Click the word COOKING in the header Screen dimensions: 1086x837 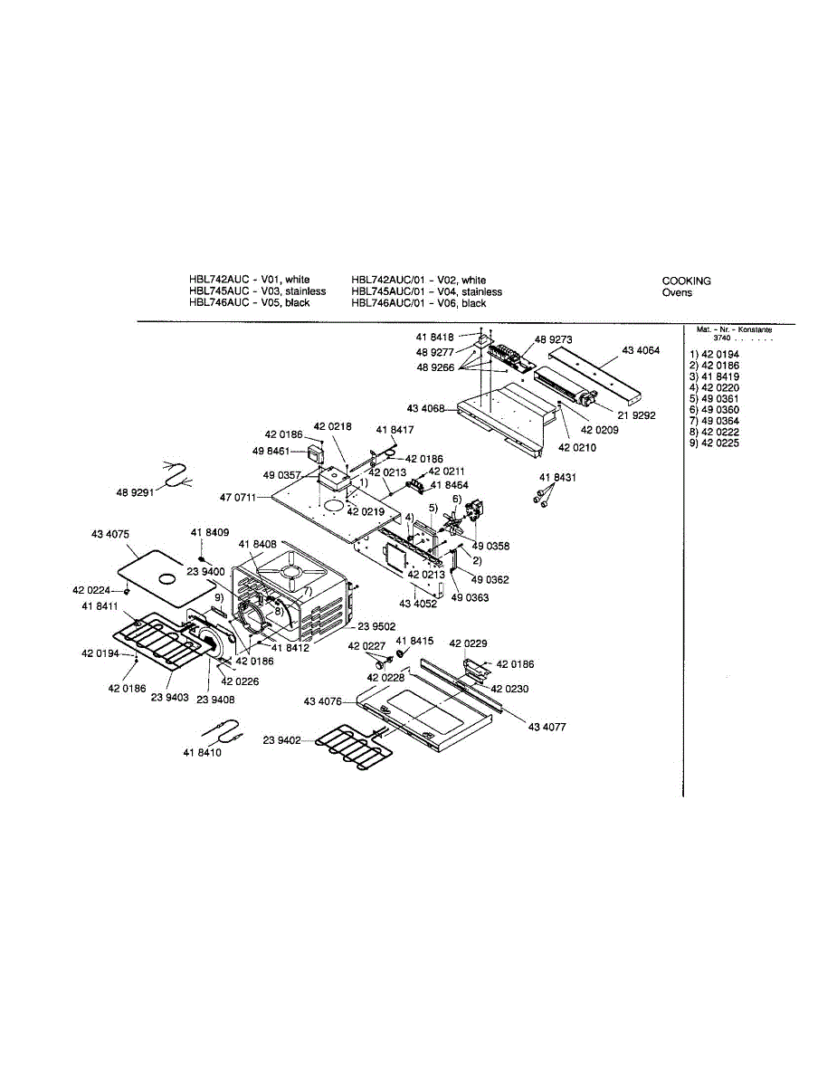pyautogui.click(x=686, y=281)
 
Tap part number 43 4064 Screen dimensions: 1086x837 pyautogui.click(x=641, y=350)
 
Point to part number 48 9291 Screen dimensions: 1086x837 pyautogui.click(x=136, y=493)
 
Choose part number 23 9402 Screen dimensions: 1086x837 pyautogui.click(x=282, y=740)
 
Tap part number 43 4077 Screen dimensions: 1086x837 pyautogui.click(x=547, y=727)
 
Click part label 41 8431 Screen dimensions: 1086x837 pyautogui.click(x=557, y=477)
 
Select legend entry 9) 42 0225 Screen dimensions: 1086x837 pyautogui.click(x=714, y=443)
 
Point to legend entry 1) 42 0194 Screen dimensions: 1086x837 pyautogui.click(x=714, y=354)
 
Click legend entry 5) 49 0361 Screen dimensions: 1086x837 pyautogui.click(x=714, y=398)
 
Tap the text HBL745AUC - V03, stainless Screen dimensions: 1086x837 pyautogui.click(x=257, y=291)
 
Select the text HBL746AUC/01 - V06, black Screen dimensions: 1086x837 pyautogui.click(x=419, y=303)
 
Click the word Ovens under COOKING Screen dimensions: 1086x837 pyautogui.click(x=677, y=292)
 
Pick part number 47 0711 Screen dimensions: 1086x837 pyautogui.click(x=238, y=498)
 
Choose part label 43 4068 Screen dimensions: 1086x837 pyautogui.click(x=426, y=408)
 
